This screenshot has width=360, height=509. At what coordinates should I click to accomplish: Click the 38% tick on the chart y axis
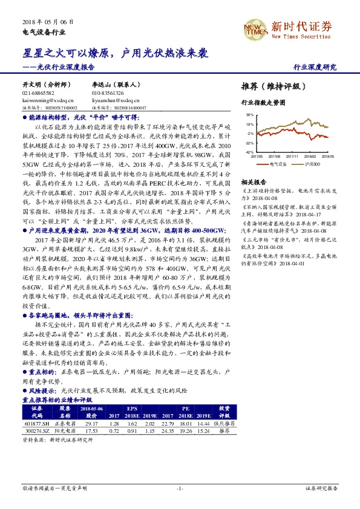pos(250,114)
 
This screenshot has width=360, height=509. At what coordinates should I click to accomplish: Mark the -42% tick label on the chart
pos(249,152)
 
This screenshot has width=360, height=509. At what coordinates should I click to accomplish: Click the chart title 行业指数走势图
pos(263,103)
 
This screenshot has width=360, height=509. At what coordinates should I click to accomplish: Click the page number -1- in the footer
pos(180,487)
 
